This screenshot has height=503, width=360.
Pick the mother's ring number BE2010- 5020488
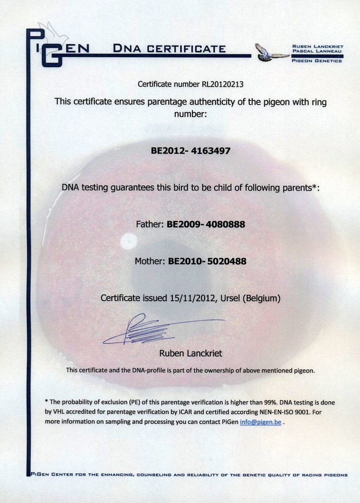[207, 261]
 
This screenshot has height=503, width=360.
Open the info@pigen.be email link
[260, 422]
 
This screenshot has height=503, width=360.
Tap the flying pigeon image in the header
[271, 53]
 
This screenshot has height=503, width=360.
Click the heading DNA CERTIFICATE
[170, 48]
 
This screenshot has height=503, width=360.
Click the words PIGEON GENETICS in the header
[317, 61]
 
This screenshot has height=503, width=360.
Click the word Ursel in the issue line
[231, 298]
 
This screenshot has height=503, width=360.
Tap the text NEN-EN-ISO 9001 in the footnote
[288, 412]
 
